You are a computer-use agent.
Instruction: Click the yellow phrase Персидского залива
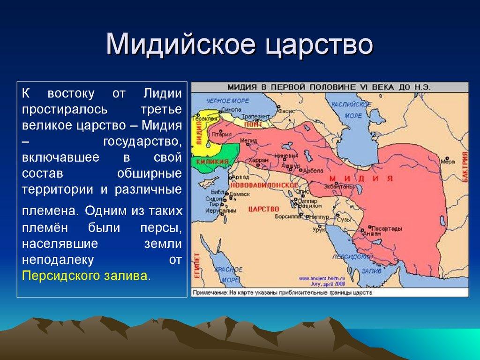(86, 275)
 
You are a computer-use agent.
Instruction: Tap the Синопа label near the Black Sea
(231, 109)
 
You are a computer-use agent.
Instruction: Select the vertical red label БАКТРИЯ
(465, 166)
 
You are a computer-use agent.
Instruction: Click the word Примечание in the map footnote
(210, 293)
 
